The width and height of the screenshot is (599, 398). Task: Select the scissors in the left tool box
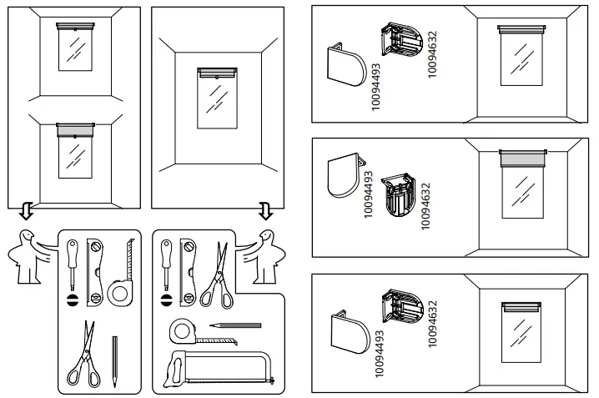pos(83,359)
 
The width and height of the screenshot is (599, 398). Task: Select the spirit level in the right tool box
pos(188,266)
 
